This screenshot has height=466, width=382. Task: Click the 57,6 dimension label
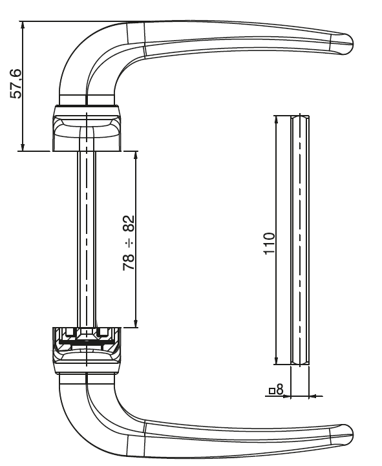(16, 84)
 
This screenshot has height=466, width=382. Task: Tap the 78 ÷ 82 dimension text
(129, 243)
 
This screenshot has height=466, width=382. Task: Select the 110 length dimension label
(270, 244)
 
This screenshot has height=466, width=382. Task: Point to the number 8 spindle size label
(280, 389)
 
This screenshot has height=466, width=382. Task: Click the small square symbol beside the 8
(272, 391)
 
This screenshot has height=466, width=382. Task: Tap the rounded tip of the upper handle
(347, 43)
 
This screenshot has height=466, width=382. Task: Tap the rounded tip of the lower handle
(347, 434)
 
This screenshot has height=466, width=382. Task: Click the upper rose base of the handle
(87, 128)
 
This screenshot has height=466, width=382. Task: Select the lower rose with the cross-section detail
(87, 350)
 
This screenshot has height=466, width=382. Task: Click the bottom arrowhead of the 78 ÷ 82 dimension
(136, 323)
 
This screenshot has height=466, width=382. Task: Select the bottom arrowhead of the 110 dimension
(276, 360)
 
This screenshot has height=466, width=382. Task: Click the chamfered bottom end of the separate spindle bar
(300, 362)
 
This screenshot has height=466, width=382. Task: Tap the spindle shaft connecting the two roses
(87, 239)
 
